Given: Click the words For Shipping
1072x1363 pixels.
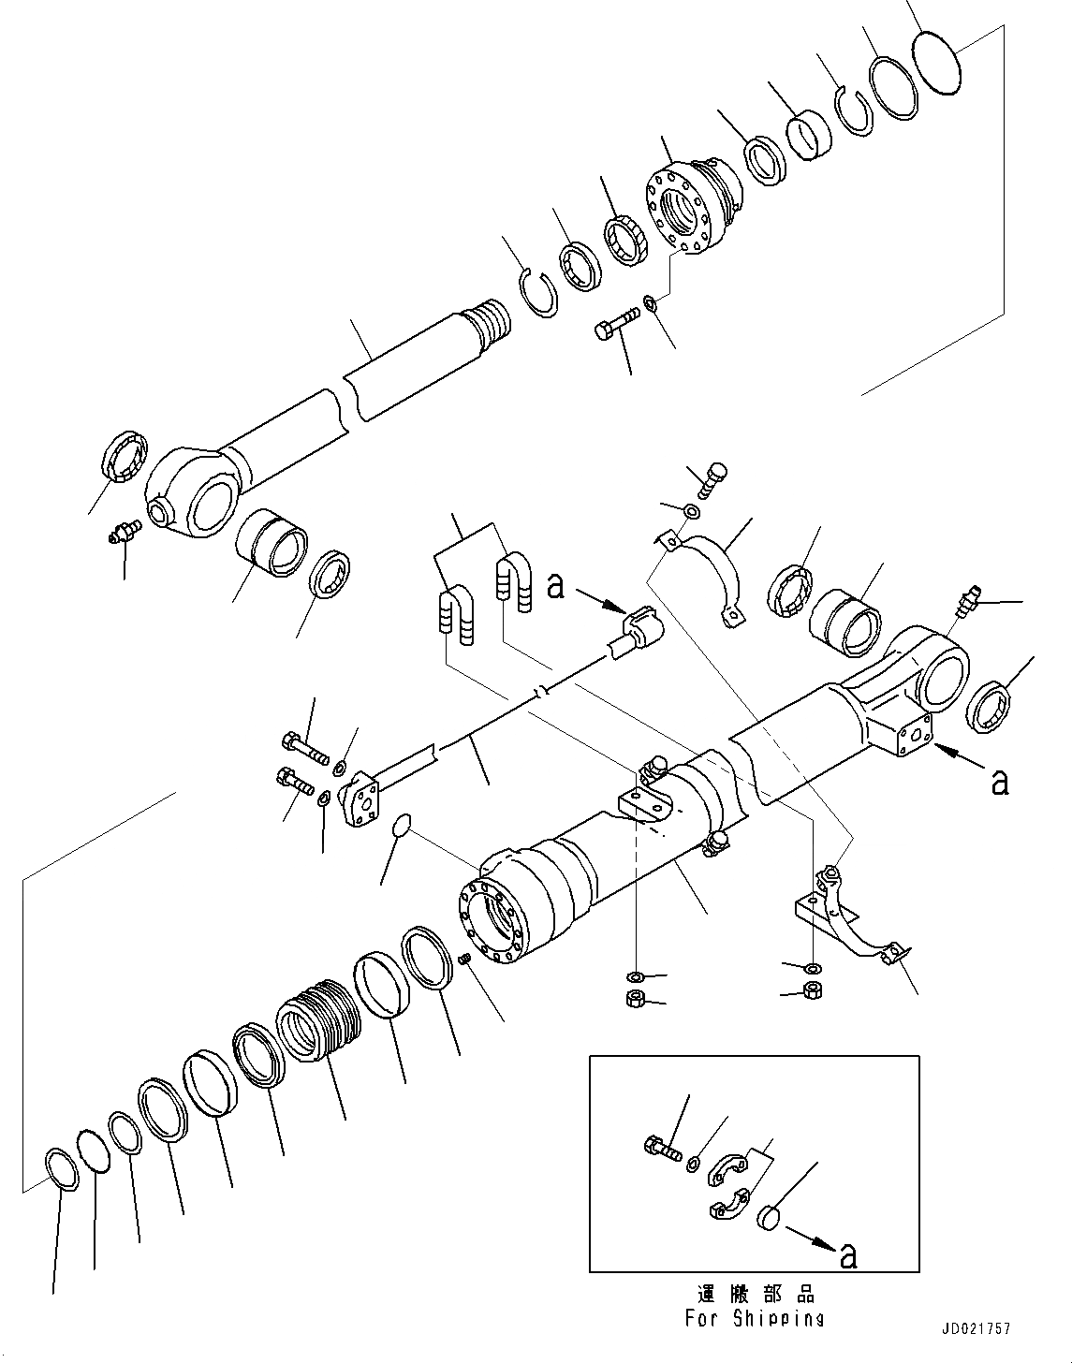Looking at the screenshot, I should click(754, 1318).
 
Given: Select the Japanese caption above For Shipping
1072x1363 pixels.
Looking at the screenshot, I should click(756, 1295).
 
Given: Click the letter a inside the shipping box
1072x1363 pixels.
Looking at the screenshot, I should click(849, 1255).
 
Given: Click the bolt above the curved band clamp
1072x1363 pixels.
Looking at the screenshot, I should click(714, 479).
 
